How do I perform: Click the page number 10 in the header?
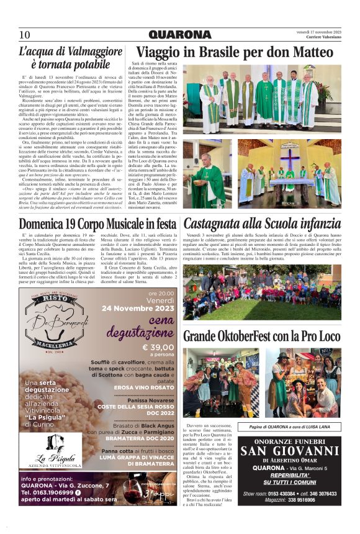24,35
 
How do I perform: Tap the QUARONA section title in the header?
179,35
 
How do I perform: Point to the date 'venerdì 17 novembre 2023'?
318,32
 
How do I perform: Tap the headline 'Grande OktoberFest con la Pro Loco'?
261,336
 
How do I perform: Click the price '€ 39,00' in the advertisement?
158,347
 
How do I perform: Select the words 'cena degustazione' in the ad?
147,326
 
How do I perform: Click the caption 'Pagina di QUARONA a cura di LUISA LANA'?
289,427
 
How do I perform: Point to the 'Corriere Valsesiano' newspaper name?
322,38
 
